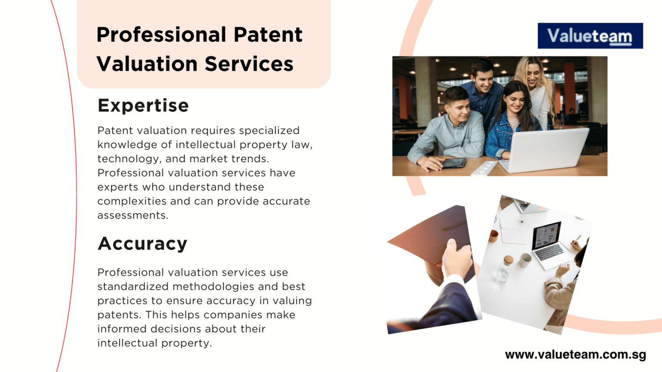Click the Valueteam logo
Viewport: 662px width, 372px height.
coord(590,36)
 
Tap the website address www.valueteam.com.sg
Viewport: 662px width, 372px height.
coord(575,355)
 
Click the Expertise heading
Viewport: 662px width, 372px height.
coord(143,105)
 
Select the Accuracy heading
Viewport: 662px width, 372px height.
coord(142,244)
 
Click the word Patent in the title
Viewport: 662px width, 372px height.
coord(268,35)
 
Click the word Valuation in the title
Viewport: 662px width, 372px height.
coord(147,64)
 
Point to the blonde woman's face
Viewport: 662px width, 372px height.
coord(533,76)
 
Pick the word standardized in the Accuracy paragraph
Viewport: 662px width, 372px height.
coord(132,287)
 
